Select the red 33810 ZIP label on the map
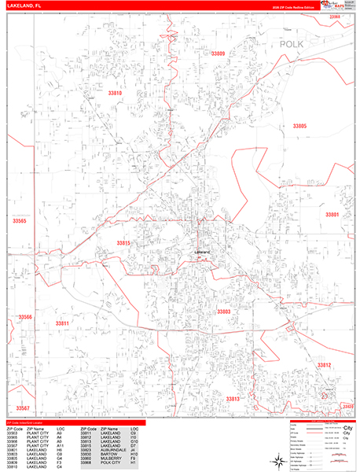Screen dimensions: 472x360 point(116,93)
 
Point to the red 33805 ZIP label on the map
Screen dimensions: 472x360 point(299,126)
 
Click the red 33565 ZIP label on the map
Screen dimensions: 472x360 point(20,221)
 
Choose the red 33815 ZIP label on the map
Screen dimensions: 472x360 point(125,243)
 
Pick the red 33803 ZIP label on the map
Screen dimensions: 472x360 point(224,312)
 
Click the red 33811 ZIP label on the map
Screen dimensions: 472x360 point(63,323)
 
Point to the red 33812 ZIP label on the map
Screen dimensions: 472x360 point(324,365)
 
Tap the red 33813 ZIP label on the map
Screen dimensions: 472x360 point(233,399)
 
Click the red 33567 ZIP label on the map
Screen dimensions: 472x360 point(21,408)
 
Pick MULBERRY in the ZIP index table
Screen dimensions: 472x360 point(112,458)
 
